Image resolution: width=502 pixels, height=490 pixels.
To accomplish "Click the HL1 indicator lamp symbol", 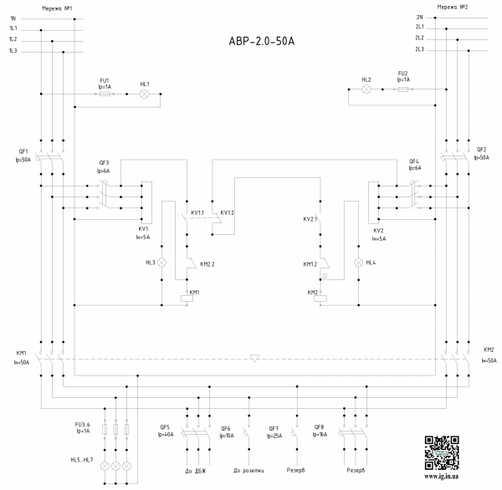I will pyautogui.click(x=144, y=94).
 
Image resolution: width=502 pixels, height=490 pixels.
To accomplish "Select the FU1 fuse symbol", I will pyautogui.click(x=106, y=94).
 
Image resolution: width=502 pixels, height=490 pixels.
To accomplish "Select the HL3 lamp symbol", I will pyautogui.click(x=163, y=263).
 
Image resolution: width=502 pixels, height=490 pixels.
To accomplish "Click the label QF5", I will pyautogui.click(x=165, y=426).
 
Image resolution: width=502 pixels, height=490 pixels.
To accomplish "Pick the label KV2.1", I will pyautogui.click(x=311, y=219).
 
